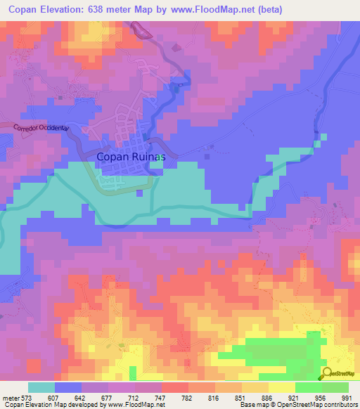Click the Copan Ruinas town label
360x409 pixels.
(131, 157)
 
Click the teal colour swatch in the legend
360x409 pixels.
(41, 387)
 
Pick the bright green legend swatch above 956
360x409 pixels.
(309, 387)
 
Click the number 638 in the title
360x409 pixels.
(112, 9)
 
